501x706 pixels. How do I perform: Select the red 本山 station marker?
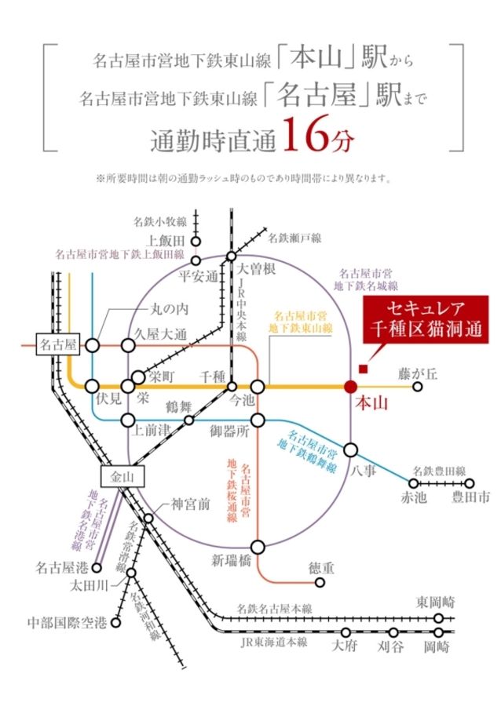(350, 386)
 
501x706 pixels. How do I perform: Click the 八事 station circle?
(350, 449)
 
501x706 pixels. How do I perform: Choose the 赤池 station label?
(414, 497)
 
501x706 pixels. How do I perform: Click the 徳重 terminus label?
(321, 566)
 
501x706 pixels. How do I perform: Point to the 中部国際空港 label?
(67, 623)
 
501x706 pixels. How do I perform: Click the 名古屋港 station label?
(61, 565)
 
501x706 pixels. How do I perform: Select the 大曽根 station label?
(256, 269)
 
